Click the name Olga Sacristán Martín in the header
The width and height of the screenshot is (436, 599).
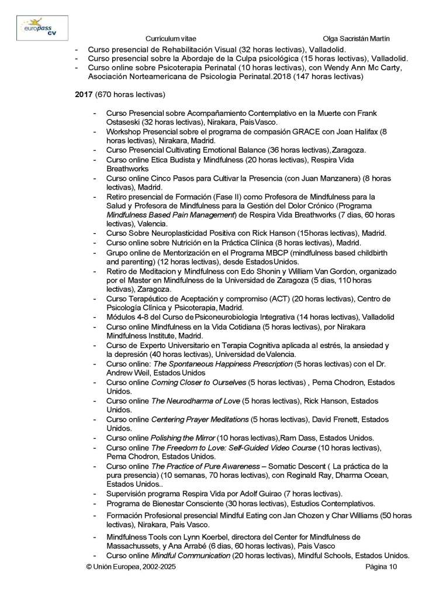[356, 38]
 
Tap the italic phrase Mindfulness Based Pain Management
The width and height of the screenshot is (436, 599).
[170, 215]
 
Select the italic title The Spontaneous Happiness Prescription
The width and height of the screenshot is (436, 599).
[222, 363]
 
